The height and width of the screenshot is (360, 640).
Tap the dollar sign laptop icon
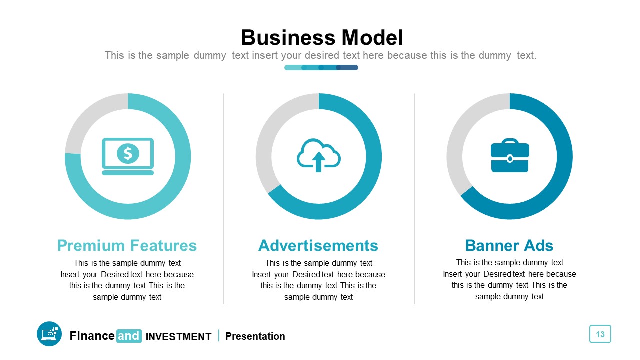(128, 156)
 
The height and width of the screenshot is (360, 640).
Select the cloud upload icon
(319, 155)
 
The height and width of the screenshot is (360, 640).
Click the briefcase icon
(510, 156)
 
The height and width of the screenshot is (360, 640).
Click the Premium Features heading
(127, 245)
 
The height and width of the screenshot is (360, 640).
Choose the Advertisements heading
(318, 245)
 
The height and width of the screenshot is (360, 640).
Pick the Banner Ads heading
(509, 245)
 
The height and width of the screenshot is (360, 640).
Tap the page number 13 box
(600, 334)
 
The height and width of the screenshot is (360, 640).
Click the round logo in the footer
(49, 334)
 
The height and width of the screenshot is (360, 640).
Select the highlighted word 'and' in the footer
(128, 336)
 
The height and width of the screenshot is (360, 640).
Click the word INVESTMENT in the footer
(178, 337)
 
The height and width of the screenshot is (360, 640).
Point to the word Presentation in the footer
(255, 336)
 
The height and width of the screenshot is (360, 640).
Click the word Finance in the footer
(92, 336)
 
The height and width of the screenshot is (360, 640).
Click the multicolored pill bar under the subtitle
(321, 67)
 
